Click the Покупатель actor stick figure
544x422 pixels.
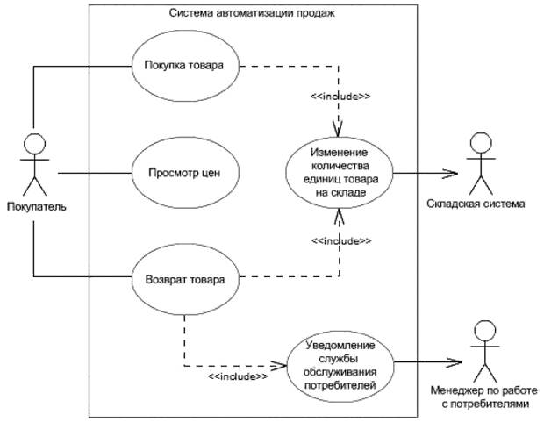point(33,167)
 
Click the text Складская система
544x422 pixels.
point(483,204)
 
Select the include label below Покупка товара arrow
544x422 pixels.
point(340,97)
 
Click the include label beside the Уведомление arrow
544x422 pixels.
point(237,376)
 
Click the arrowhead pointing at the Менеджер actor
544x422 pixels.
point(455,361)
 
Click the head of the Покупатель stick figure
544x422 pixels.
point(33,144)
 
